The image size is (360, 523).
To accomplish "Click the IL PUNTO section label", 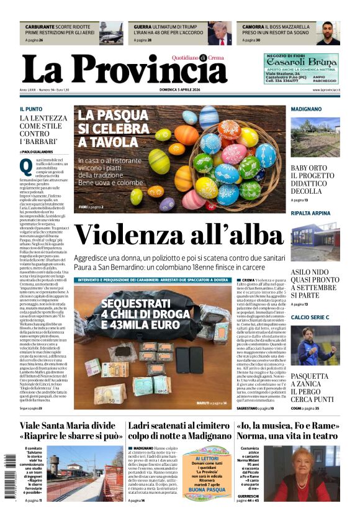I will (31, 109).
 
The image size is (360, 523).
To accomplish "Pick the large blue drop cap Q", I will (25, 166).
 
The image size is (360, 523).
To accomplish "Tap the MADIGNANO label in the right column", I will (306, 109).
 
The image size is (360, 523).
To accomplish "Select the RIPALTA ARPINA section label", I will (311, 213).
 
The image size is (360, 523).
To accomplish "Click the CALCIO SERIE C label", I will (310, 317).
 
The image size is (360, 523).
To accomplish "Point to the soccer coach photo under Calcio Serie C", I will (315, 345).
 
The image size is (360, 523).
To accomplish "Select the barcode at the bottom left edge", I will (9, 477).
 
